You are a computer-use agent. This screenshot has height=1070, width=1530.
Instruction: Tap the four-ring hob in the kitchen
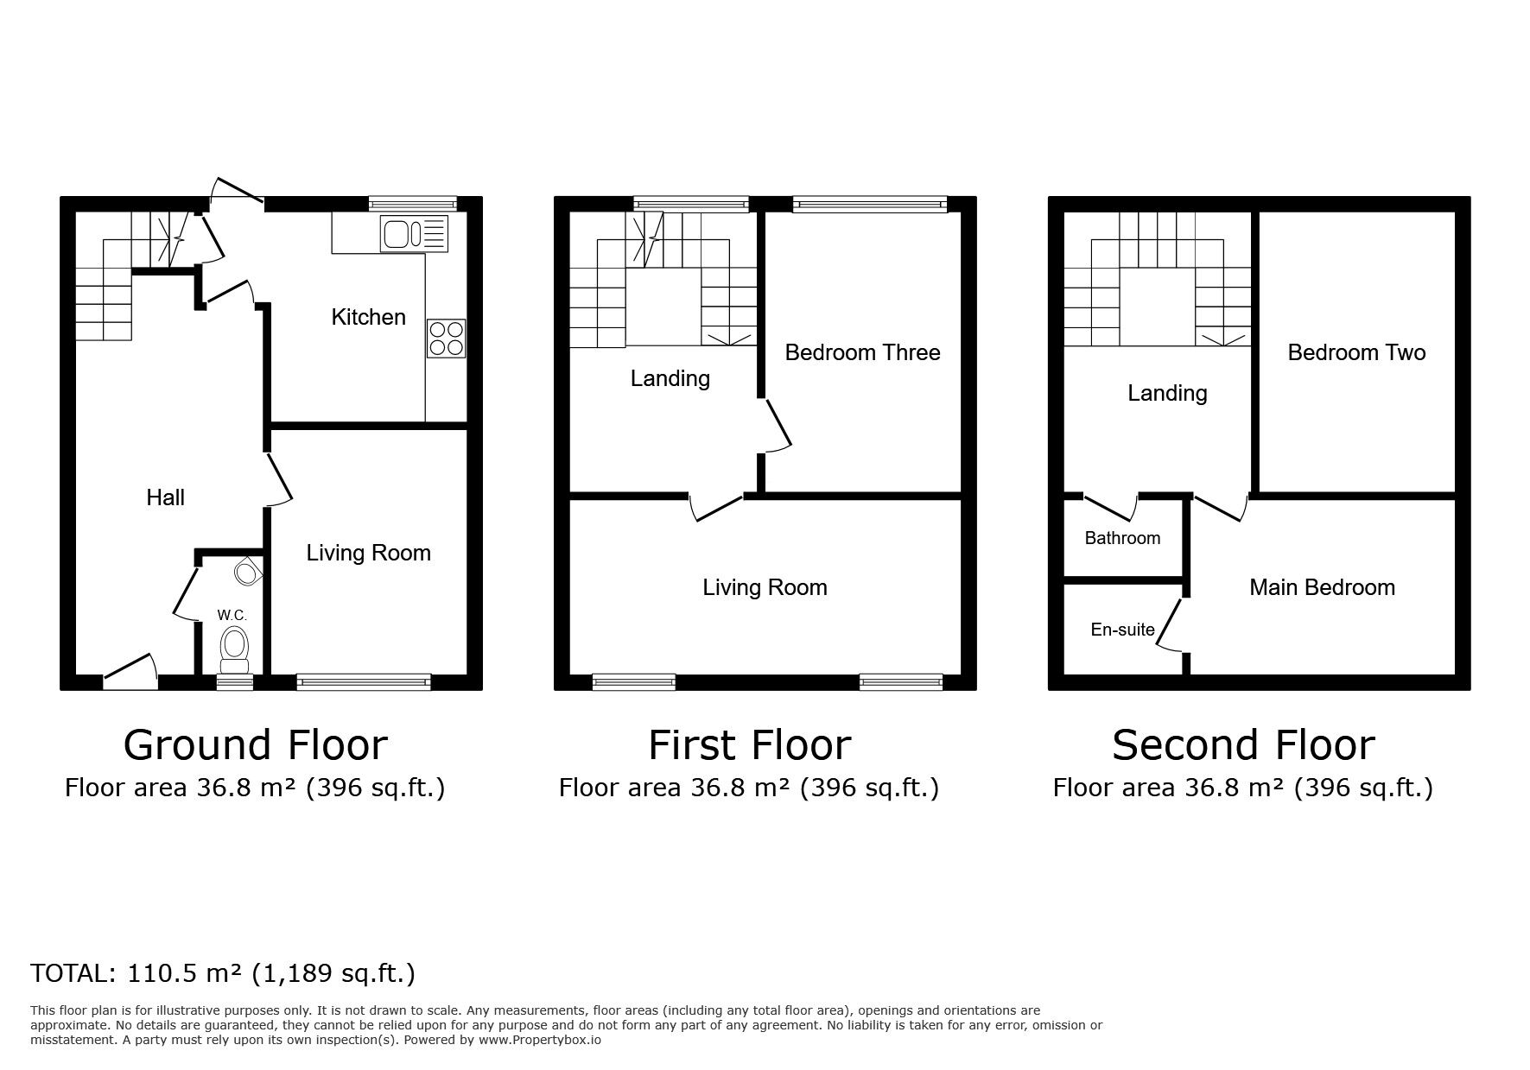(446, 339)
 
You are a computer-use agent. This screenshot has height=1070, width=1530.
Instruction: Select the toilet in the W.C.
(234, 649)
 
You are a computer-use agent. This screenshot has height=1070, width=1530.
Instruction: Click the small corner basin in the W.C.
(249, 572)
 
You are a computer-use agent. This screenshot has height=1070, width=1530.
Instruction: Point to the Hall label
(165, 497)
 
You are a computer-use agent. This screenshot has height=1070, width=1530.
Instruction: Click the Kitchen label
(368, 317)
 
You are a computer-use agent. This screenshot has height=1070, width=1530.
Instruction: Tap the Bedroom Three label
(862, 352)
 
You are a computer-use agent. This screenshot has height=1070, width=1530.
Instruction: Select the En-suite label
(1122, 630)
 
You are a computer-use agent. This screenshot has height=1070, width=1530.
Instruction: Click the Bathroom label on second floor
(1122, 538)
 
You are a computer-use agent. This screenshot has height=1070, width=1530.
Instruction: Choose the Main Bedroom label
(1322, 587)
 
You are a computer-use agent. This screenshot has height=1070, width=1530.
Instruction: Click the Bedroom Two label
(1356, 352)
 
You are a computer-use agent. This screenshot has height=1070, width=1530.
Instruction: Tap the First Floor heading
(749, 745)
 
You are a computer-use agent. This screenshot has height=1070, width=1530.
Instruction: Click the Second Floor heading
(1242, 745)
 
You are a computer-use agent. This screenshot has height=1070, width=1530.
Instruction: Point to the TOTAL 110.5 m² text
(223, 973)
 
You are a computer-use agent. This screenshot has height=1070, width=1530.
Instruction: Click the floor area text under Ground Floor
(255, 788)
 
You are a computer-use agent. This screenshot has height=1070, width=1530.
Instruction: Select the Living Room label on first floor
(765, 587)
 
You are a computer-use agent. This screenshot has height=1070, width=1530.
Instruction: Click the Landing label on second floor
(1167, 393)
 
